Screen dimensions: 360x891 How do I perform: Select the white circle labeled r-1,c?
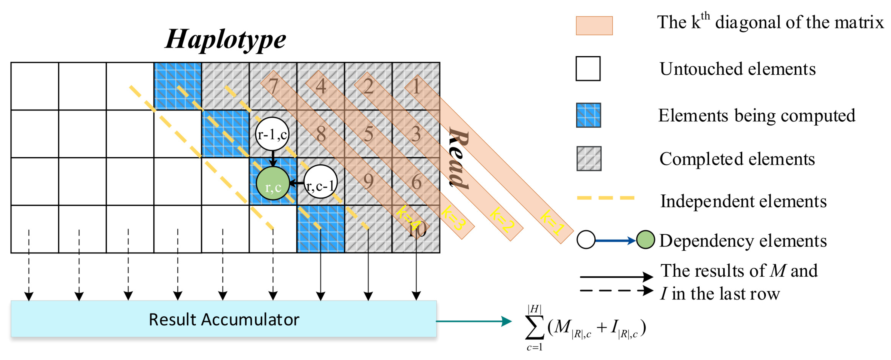(272, 134)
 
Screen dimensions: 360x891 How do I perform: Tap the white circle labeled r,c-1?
(320, 182)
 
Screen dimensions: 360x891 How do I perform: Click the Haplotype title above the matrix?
(226, 39)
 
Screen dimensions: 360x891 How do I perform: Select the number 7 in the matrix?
(273, 86)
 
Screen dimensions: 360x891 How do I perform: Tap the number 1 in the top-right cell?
(416, 86)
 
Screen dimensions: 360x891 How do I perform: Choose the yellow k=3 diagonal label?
(453, 218)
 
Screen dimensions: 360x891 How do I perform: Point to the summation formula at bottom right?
(585, 328)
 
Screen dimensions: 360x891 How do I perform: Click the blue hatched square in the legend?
(588, 115)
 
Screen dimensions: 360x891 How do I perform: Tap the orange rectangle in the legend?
(594, 26)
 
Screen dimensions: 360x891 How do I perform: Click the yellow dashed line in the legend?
(605, 198)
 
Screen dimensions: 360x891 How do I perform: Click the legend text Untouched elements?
(737, 69)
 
